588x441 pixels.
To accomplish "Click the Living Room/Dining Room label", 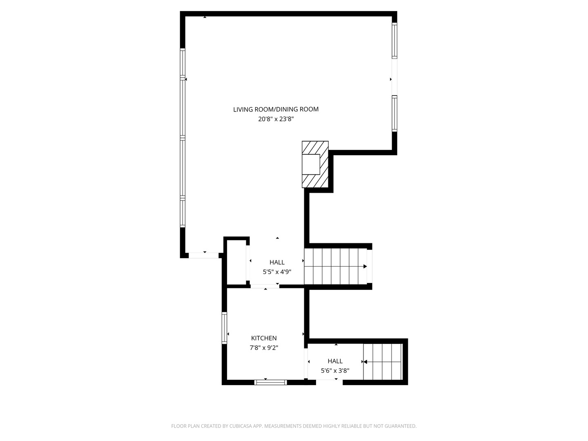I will click(x=276, y=109).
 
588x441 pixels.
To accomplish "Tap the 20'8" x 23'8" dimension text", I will click(x=276, y=119).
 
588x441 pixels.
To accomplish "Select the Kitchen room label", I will click(x=264, y=338).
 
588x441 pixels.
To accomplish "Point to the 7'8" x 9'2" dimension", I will click(x=264, y=348).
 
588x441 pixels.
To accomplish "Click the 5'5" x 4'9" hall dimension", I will click(x=277, y=272).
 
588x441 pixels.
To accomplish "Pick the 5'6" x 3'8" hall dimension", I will click(x=335, y=371).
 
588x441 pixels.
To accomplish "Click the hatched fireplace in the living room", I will click(x=315, y=164).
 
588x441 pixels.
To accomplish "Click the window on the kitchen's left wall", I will click(x=224, y=327).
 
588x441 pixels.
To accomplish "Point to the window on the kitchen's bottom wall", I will click(x=270, y=383).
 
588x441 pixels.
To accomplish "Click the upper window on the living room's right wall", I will click(x=394, y=40).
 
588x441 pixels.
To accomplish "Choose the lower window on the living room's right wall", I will click(x=394, y=113).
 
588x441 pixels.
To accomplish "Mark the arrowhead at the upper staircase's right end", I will click(x=365, y=267).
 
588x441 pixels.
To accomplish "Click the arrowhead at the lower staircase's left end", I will click(x=365, y=362).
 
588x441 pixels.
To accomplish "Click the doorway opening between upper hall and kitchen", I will click(x=265, y=286).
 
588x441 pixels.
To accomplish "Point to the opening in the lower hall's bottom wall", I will click(x=329, y=382).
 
